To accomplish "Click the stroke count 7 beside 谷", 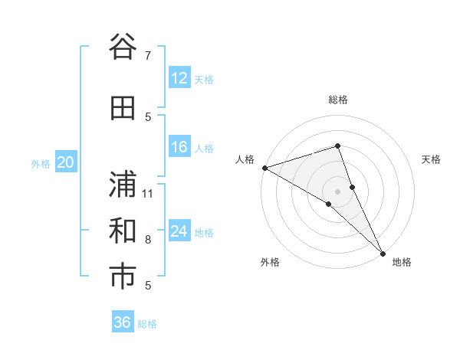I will (x=148, y=56).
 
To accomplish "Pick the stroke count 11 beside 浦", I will (x=148, y=193).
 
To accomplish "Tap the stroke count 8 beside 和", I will (x=148, y=240).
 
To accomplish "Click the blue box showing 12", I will (x=179, y=78).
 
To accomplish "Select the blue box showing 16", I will (x=179, y=147).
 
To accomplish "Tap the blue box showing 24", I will (x=179, y=231).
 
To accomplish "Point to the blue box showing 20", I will (x=66, y=162).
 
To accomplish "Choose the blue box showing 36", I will (x=123, y=322).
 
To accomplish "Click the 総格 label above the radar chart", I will (x=337, y=100).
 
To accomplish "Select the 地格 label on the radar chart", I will (x=402, y=263).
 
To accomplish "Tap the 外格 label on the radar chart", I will (x=270, y=263).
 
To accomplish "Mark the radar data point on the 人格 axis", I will (x=264, y=168).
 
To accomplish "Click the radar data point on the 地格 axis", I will (x=383, y=253).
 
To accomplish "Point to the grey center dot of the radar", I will (x=337, y=191).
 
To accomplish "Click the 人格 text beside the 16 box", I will (x=204, y=148).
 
